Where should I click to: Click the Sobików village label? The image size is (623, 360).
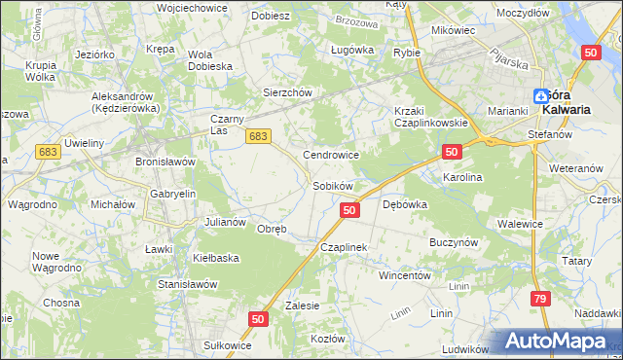[x=332, y=185]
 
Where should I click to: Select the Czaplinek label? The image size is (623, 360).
[x=343, y=247]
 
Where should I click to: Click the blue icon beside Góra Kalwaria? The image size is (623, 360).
[x=540, y=95]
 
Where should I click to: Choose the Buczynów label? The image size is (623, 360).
[x=452, y=239]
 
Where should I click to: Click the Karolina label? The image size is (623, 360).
[x=462, y=178]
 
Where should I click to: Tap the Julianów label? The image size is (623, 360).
[x=224, y=221]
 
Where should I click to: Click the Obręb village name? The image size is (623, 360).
[x=271, y=230]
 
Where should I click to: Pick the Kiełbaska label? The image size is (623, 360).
[x=216, y=258]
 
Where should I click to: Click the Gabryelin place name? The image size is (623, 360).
[x=172, y=194]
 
